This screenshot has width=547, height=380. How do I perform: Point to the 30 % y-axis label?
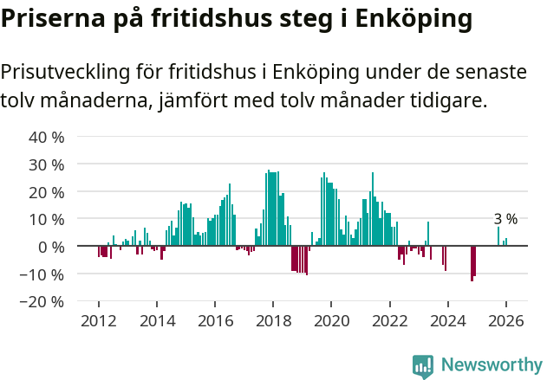48,164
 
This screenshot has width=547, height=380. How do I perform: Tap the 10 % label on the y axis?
48,219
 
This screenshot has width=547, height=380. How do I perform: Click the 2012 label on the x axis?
99,319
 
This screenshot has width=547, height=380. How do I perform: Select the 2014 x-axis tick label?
157,319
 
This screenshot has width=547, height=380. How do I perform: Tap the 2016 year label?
215,319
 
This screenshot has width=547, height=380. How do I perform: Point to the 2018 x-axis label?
273,319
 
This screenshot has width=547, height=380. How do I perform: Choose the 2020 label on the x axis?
331,319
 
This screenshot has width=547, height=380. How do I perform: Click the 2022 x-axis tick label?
389,319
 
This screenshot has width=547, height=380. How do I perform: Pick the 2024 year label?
447,319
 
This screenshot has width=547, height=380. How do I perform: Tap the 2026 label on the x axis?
505,319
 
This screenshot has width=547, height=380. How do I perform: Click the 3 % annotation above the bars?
505,219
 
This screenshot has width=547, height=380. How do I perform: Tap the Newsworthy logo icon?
423,366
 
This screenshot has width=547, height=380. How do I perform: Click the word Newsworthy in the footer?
492,366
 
